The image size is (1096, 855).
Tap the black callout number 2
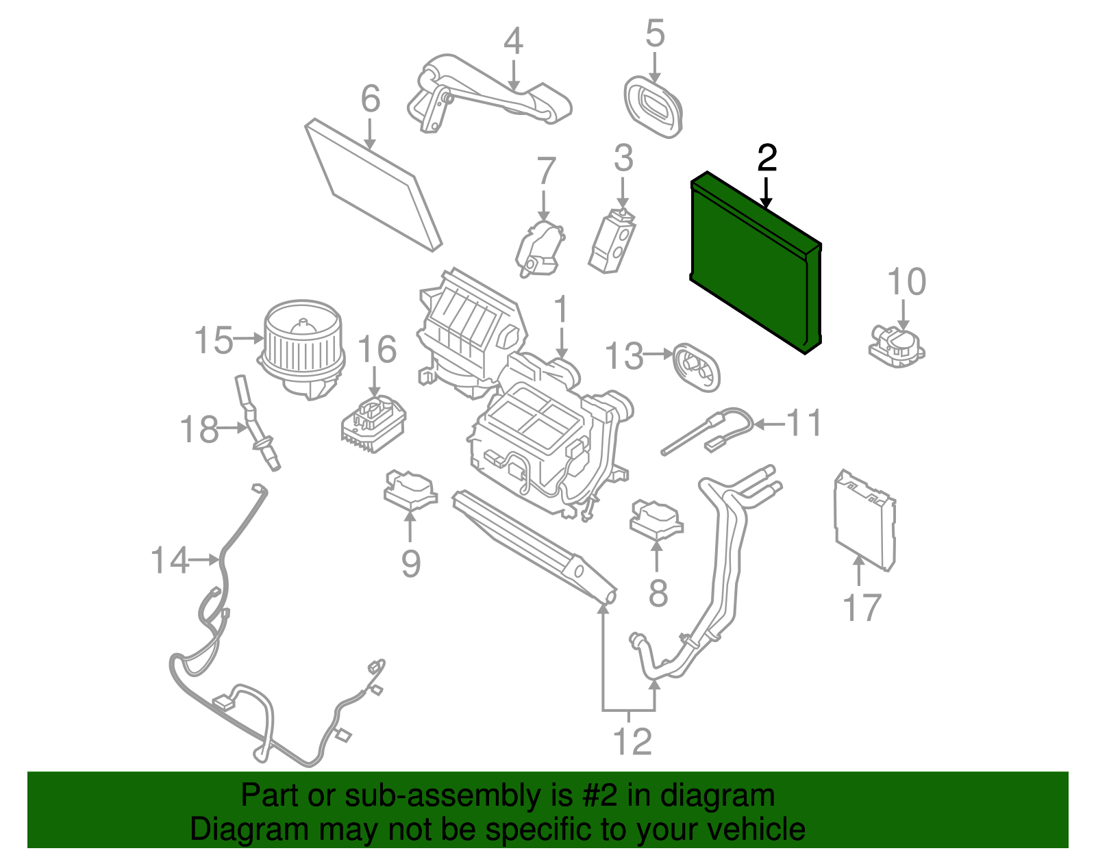(767, 159)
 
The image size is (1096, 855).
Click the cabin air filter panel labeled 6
(373, 183)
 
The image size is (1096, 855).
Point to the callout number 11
(804, 423)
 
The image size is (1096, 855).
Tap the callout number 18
(199, 430)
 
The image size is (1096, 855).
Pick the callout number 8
(658, 593)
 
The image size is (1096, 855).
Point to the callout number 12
(632, 741)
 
